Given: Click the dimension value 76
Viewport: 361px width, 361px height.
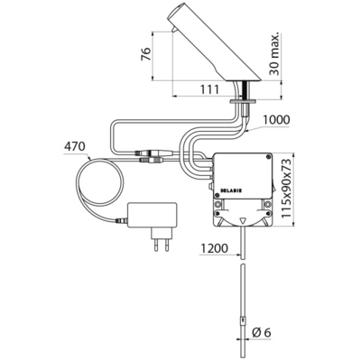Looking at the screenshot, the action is tap(146, 54).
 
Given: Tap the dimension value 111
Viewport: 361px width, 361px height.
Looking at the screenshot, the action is tap(208, 89).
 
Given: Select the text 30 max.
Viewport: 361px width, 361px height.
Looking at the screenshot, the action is tap(275, 53).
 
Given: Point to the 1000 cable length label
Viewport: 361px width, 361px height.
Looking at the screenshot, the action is tap(276, 120).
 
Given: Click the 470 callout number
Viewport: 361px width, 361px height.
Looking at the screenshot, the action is tap(74, 146).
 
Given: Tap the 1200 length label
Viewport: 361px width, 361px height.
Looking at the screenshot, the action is tap(214, 248).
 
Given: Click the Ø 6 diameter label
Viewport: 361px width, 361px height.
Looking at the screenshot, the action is tap(262, 333).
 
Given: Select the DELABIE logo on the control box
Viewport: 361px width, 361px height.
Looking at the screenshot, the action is tap(229, 190).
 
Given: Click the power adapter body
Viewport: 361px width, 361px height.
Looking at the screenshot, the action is tap(152, 215).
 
